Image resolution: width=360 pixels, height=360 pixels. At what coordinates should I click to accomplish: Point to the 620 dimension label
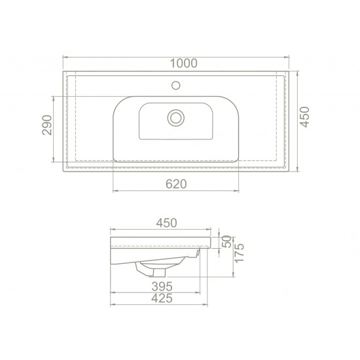pyautogui.click(x=176, y=185)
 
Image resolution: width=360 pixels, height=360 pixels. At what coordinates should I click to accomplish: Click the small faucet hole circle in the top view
pyautogui.click(x=175, y=84)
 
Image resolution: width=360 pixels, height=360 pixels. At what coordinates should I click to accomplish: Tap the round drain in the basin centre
pyautogui.click(x=175, y=118)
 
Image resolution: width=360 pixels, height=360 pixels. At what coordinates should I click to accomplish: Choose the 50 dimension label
pyautogui.click(x=227, y=241)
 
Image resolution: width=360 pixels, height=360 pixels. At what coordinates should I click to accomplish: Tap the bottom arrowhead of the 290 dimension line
pyautogui.click(x=54, y=158)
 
